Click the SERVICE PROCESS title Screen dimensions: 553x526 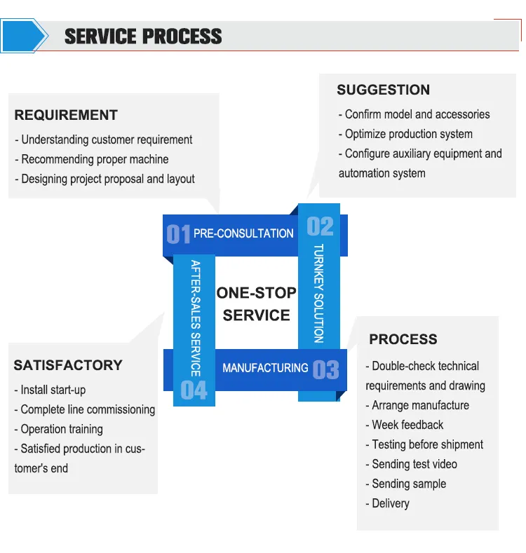pos(143,36)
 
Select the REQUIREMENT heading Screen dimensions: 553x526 pos(66,116)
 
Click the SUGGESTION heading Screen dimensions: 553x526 pos(383,90)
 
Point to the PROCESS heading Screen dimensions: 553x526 pos(403,340)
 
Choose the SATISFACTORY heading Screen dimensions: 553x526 pos(68,365)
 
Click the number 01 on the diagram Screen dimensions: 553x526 pos(178,234)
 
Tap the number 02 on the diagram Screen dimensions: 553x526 pos(320,226)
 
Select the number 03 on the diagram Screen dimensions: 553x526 pos(325,369)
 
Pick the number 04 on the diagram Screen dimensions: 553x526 pos(194,390)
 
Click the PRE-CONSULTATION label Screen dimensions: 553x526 pos(243,233)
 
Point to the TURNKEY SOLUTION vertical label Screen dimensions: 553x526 pos(318,293)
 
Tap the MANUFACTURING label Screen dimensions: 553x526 pos(265,368)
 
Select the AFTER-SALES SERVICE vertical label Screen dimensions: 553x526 pos(196,318)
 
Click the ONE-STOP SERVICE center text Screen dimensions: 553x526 pos(256,304)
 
